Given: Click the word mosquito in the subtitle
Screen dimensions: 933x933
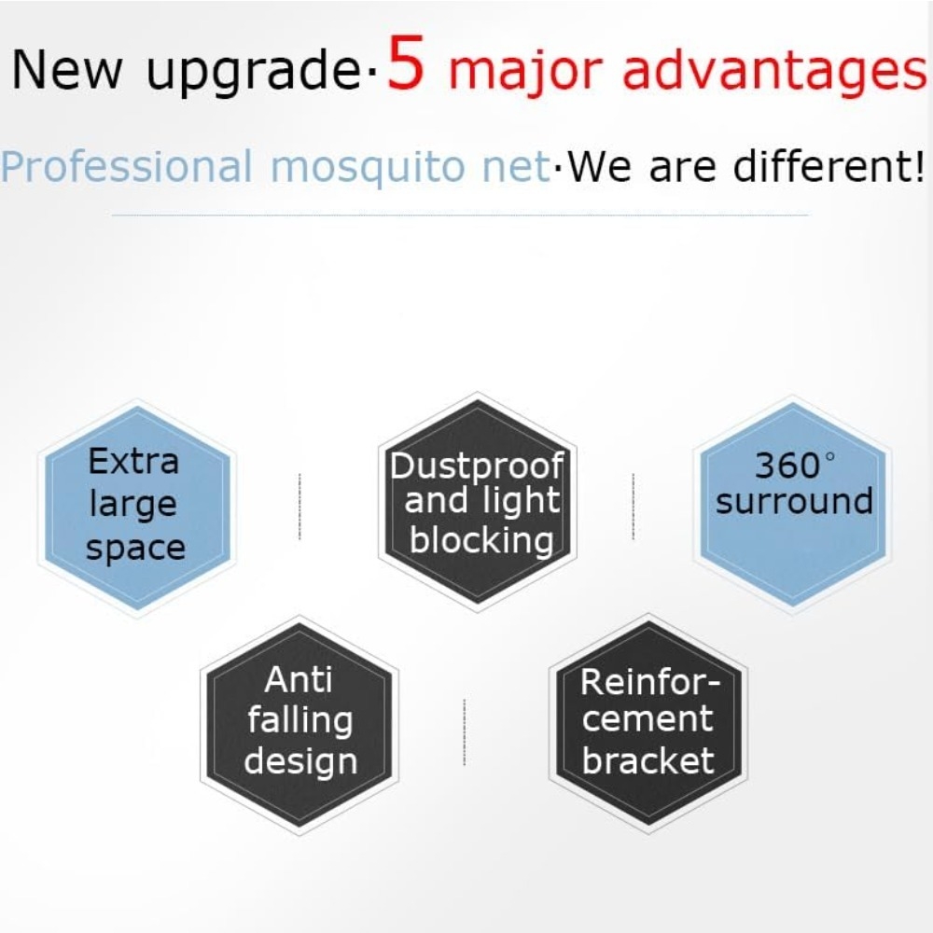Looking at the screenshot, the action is click(368, 168).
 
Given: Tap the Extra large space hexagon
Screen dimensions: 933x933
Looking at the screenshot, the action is click(137, 508).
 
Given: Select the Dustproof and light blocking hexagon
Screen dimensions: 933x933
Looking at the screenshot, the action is click(478, 502).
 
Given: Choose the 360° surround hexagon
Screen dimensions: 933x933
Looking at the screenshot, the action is click(792, 505).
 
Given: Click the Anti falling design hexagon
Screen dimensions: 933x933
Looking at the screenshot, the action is click(299, 725).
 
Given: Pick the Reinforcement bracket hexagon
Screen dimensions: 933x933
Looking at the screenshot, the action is click(648, 724).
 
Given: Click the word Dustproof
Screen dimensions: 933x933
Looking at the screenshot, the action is click(477, 466).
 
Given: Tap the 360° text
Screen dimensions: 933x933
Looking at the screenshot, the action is click(794, 465).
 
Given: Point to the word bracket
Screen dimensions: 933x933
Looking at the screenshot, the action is click(648, 760).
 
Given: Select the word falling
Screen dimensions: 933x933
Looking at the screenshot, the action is click(300, 721).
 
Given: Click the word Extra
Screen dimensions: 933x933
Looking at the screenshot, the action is click(133, 461).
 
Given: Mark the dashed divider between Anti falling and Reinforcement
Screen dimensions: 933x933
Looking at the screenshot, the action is click(464, 731).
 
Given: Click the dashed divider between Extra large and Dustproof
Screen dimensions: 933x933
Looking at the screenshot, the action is click(299, 507).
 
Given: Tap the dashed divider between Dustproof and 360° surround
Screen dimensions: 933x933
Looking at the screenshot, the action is click(633, 507).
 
